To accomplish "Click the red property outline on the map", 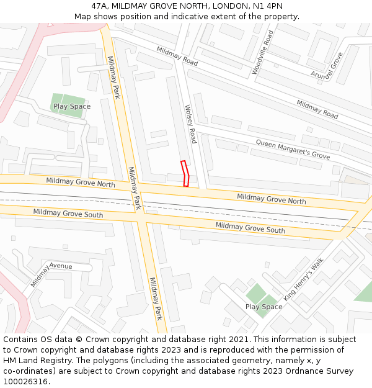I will click(185, 173).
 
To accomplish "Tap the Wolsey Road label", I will click(190, 124).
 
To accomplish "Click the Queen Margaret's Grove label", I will click(293, 149).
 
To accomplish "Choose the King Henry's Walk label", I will click(304, 279).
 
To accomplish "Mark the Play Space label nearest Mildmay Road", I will click(72, 106).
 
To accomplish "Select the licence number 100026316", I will click(25, 382).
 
